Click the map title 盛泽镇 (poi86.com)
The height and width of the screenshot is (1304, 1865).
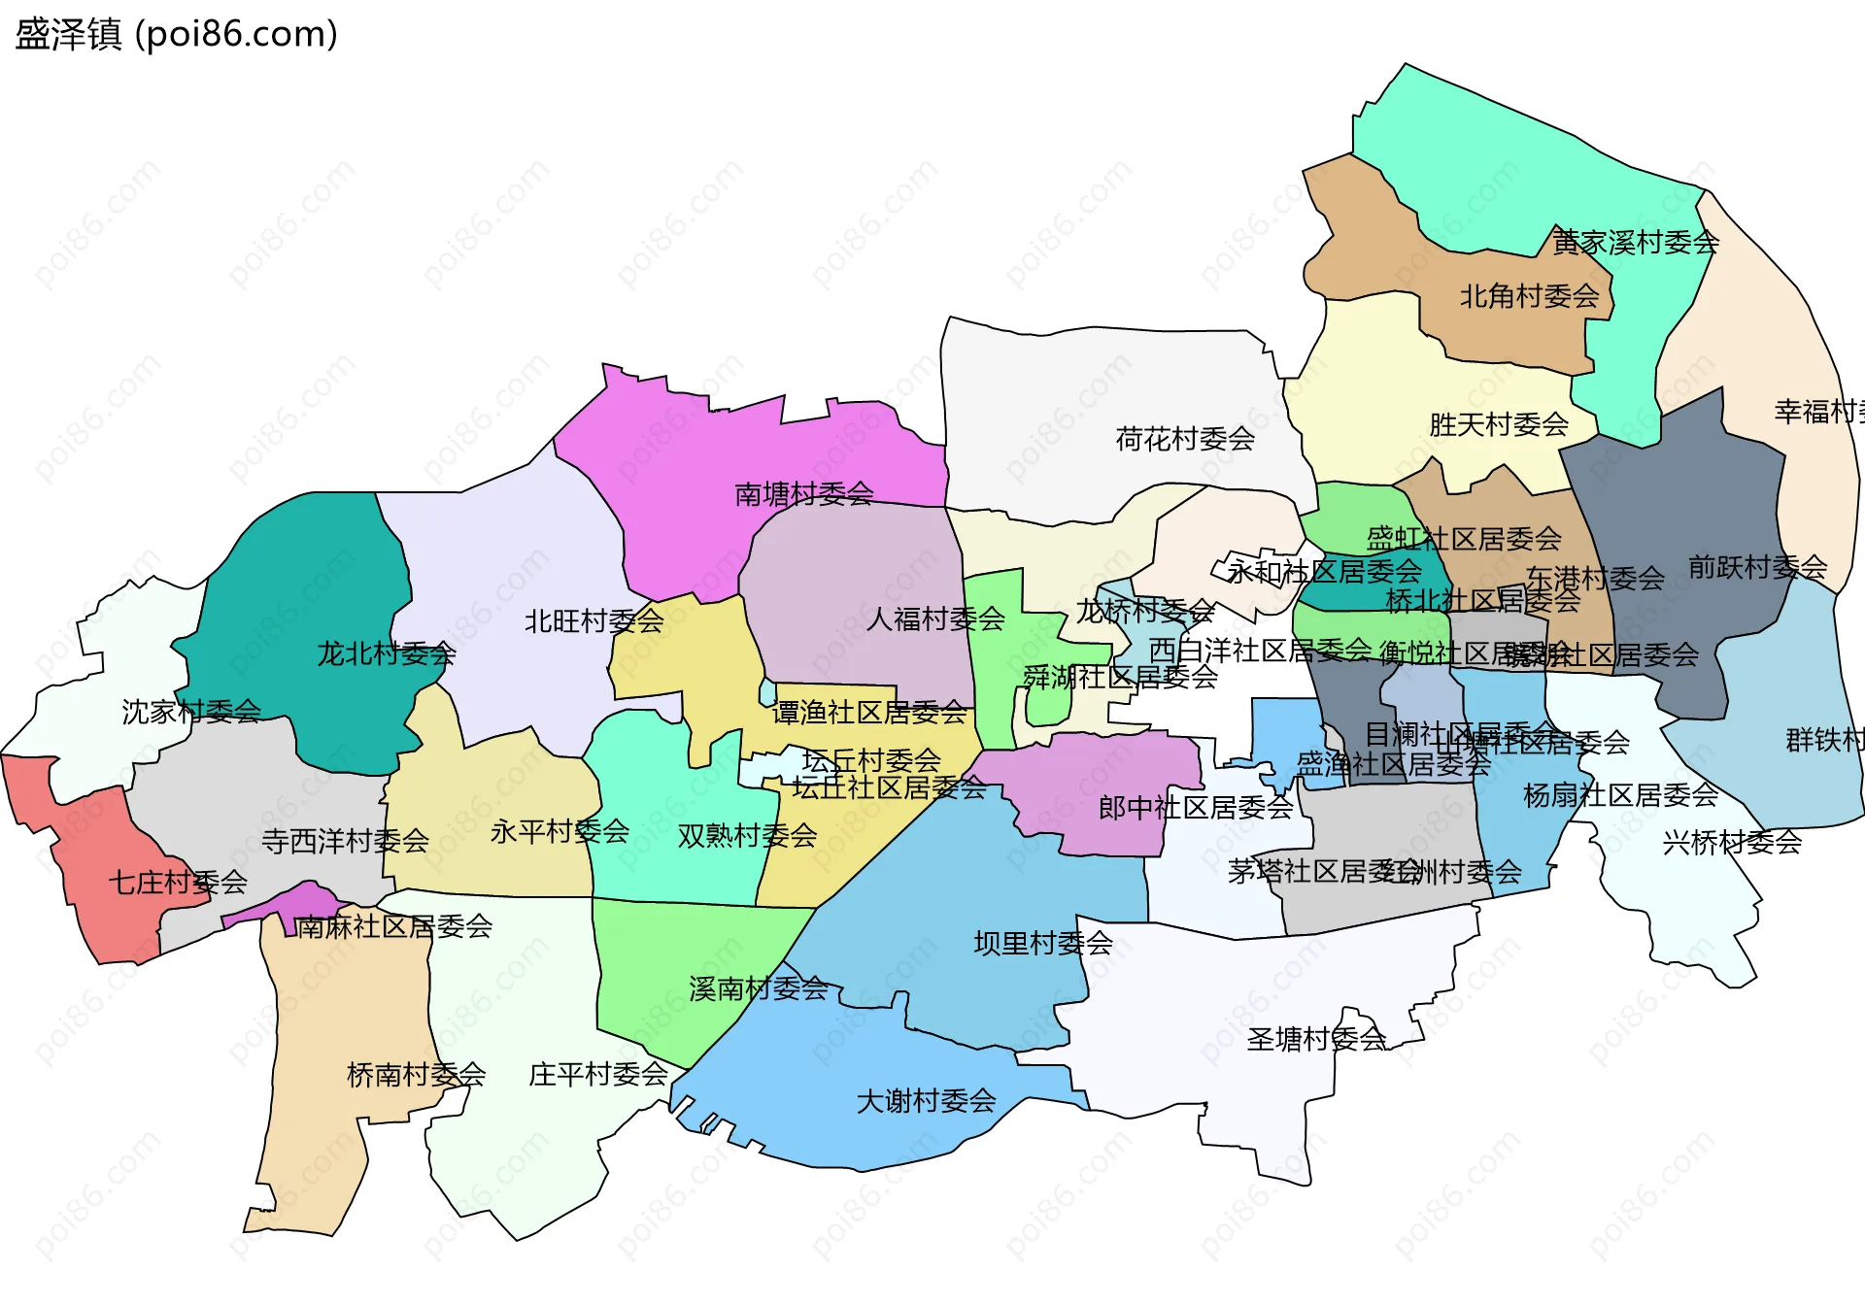click(176, 34)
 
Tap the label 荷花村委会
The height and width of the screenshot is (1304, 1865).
click(1184, 440)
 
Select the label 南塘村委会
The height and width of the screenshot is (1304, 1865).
click(803, 494)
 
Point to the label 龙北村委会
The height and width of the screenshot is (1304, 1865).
click(386, 653)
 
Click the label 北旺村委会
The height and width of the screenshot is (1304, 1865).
click(593, 621)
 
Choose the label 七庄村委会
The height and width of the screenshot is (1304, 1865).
click(178, 883)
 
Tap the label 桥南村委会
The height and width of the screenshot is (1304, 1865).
click(416, 1075)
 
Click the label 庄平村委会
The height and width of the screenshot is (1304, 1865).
click(597, 1075)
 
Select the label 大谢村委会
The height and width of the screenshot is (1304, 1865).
click(926, 1101)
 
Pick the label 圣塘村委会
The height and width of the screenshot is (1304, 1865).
click(1316, 1040)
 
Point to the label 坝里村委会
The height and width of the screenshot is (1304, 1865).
click(1042, 943)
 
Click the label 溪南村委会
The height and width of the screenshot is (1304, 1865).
click(758, 989)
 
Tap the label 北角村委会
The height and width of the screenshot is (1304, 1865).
click(1529, 296)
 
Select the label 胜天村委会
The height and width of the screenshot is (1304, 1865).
click(1498, 424)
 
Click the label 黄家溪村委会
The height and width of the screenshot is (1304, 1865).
click(1635, 242)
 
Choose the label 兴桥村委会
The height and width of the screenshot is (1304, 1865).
click(1732, 842)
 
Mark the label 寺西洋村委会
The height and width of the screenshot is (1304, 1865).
click(345, 841)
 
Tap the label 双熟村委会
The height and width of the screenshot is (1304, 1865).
click(747, 836)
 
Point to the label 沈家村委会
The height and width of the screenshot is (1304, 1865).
click(191, 712)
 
